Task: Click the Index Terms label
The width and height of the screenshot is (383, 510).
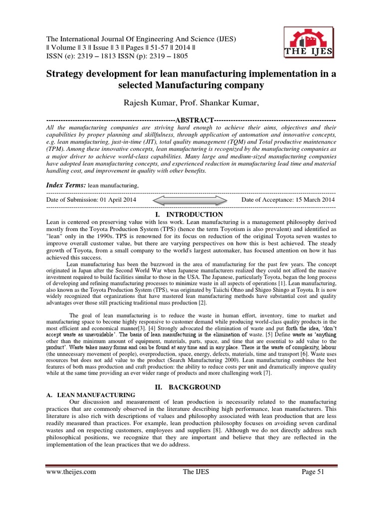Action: tap(66, 185)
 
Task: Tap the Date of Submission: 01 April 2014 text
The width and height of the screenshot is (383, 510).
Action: tap(91, 200)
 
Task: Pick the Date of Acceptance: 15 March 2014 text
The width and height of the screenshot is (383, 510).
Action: tap(288, 200)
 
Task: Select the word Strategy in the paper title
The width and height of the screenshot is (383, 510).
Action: tap(66, 74)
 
